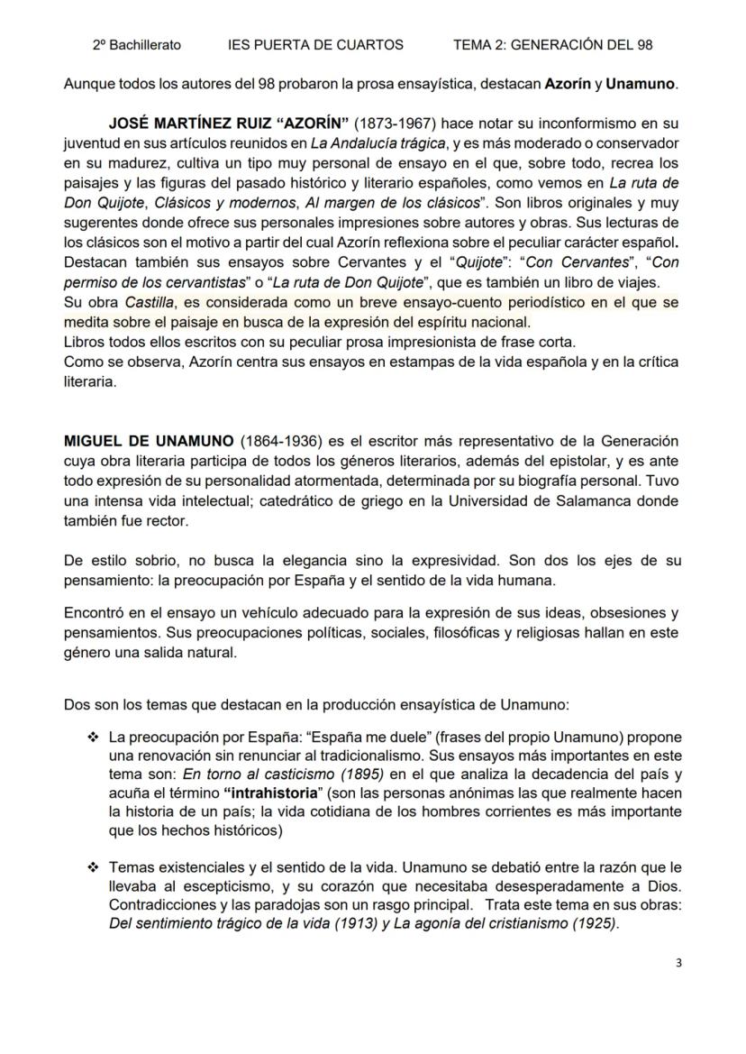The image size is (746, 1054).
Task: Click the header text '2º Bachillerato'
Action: tap(136, 44)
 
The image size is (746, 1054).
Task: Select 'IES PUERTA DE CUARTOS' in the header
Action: tap(315, 44)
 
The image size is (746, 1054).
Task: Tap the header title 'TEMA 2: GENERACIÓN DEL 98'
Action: tap(553, 44)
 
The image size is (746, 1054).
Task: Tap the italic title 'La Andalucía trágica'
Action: tap(390, 142)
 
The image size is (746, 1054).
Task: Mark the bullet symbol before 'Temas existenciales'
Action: tap(93, 867)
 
